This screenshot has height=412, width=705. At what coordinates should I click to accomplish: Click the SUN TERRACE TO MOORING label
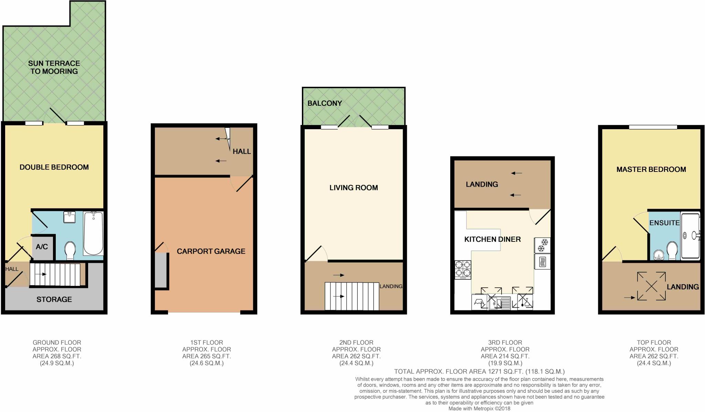pyautogui.click(x=54, y=67)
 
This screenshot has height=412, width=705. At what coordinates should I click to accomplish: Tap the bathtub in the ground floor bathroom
pyautogui.click(x=93, y=233)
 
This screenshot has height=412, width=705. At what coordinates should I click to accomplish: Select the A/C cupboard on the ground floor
pyautogui.click(x=42, y=247)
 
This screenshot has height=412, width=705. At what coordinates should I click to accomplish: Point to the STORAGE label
pyautogui.click(x=54, y=299)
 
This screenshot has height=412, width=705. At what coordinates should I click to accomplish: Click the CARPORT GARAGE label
pyautogui.click(x=211, y=251)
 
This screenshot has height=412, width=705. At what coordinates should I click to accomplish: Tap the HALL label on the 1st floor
pyautogui.click(x=242, y=151)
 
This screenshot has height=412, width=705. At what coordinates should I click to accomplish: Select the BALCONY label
pyautogui.click(x=325, y=103)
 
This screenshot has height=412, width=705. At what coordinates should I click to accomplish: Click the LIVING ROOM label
pyautogui.click(x=354, y=188)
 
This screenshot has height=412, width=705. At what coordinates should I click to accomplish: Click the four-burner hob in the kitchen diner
pyautogui.click(x=463, y=269)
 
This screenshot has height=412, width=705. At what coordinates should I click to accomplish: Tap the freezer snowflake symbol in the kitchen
pyautogui.click(x=542, y=245)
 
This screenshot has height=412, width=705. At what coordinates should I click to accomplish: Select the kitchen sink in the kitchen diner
pyautogui.click(x=498, y=303)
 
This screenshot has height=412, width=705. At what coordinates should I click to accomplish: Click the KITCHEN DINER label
pyautogui.click(x=492, y=239)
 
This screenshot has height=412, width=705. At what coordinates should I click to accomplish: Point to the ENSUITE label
pyautogui.click(x=664, y=223)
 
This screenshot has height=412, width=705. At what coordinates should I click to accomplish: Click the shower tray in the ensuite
pyautogui.click(x=691, y=236)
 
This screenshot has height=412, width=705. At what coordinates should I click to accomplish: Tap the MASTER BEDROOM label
pyautogui.click(x=651, y=169)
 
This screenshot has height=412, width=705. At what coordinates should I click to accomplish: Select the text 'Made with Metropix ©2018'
pyautogui.click(x=479, y=409)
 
